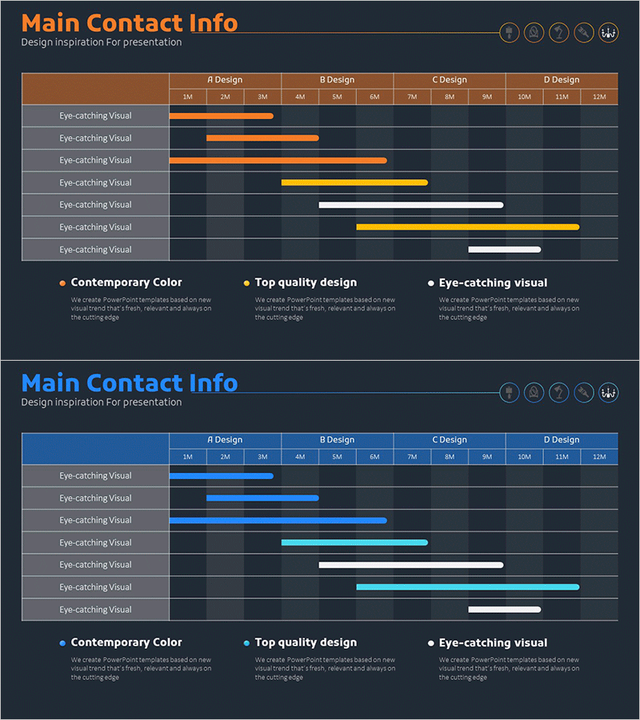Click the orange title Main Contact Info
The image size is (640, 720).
(129, 22)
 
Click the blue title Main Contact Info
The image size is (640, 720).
(129, 382)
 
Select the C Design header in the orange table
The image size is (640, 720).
(450, 80)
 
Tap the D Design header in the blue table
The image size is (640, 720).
(562, 440)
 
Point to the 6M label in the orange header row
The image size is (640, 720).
(374, 97)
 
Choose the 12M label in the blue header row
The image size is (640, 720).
(599, 457)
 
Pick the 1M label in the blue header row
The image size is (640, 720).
(188, 457)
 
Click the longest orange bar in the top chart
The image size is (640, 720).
(278, 160)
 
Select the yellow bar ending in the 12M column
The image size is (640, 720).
(467, 227)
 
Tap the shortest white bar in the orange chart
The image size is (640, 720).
(504, 250)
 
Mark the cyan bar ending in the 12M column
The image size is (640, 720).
(467, 587)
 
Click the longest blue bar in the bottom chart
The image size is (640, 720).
(278, 520)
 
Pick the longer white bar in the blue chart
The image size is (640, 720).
(411, 565)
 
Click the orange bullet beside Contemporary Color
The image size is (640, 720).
(62, 283)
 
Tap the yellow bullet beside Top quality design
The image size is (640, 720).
(246, 283)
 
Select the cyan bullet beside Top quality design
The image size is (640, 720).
(246, 643)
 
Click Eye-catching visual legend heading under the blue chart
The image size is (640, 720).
(493, 642)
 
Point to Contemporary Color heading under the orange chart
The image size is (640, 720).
(126, 282)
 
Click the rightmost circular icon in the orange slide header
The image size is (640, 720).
(609, 33)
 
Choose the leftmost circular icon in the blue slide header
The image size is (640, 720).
(510, 393)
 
